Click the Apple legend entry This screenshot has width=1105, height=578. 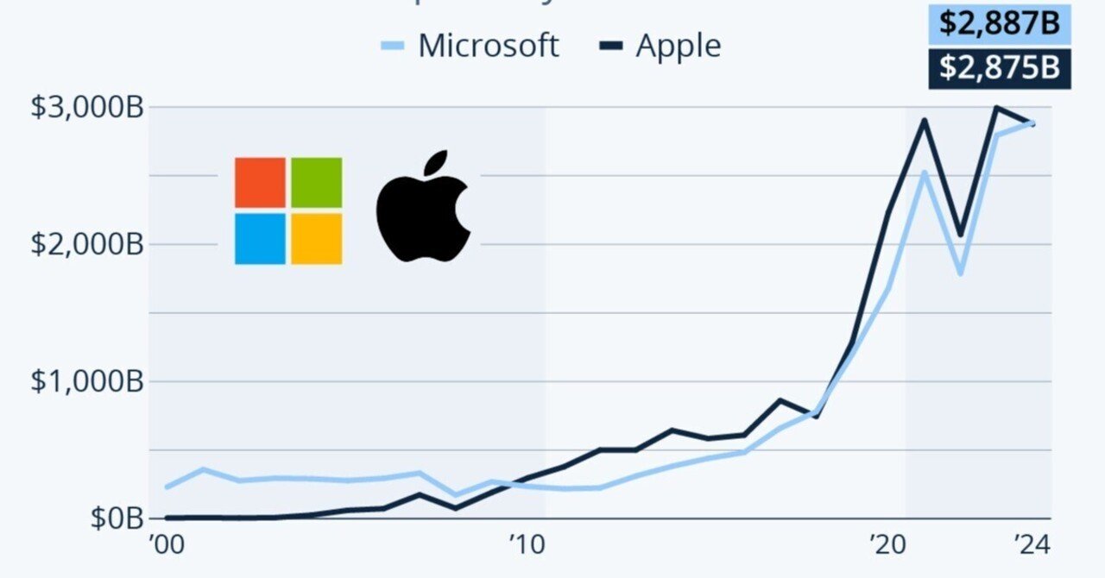pos(660,46)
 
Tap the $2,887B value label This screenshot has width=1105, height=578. pos(999,23)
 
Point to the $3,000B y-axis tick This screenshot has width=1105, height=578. pos(86,108)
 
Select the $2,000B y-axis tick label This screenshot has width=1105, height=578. pos(86,244)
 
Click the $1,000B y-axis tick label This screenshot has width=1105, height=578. pos(86,381)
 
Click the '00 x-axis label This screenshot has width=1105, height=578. pos(165,545)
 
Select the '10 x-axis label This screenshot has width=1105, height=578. pos(527,545)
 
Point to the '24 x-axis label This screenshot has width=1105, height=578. pos(1032,545)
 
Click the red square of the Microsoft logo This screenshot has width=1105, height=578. pos(260,182)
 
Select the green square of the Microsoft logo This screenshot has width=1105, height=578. pos(316,182)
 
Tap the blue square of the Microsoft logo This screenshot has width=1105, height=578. pos(260,238)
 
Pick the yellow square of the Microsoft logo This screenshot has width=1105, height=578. pos(316,238)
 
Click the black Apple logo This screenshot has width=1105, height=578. pos(422,216)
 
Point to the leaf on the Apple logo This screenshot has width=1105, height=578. pos(437,163)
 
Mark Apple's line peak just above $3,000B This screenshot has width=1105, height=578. pos(996,108)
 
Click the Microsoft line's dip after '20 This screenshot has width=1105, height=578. pos(960,273)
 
